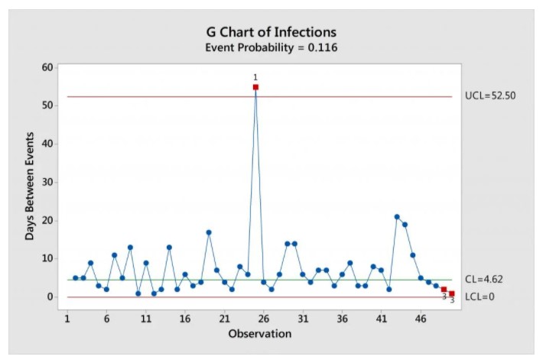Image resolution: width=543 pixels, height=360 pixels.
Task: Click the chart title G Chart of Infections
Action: pyautogui.click(x=271, y=32)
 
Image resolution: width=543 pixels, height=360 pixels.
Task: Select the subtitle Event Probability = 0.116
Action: pyautogui.click(x=271, y=47)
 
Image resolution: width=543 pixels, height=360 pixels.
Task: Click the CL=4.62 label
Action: pyautogui.click(x=485, y=280)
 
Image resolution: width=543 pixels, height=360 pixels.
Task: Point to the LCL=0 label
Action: pyautogui.click(x=480, y=297)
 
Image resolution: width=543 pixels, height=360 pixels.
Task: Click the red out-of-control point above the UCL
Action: pyautogui.click(x=255, y=87)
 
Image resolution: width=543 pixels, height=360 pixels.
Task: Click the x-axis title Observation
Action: pyautogui.click(x=259, y=334)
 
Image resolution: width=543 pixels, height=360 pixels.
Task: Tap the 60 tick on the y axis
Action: pyautogui.click(x=47, y=67)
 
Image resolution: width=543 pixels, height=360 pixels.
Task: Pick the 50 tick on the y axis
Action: pyautogui.click(x=47, y=105)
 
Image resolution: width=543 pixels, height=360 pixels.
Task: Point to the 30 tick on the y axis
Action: pyautogui.click(x=47, y=182)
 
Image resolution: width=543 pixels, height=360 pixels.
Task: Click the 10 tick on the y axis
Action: pyautogui.click(x=47, y=258)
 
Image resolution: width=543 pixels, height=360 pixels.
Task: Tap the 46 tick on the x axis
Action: pyautogui.click(x=420, y=317)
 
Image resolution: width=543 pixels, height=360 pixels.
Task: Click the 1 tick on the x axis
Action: pyautogui.click(x=67, y=317)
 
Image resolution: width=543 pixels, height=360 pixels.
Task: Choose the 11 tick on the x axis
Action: pyautogui.click(x=145, y=317)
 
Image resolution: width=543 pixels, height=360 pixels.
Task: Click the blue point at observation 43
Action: pyautogui.click(x=397, y=217)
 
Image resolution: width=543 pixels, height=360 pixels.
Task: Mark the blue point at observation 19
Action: pyautogui.click(x=209, y=232)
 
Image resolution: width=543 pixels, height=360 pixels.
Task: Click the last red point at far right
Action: pyautogui.click(x=452, y=294)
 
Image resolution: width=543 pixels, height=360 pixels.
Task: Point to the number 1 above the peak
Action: pyautogui.click(x=255, y=77)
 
